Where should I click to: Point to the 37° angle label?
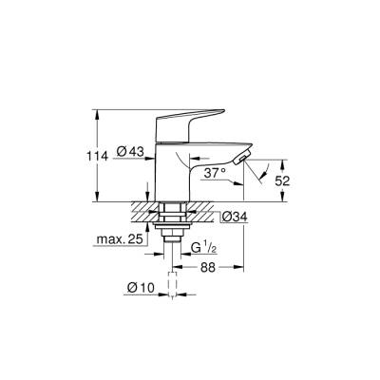pos(215,173)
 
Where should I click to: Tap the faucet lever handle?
pos(195,119)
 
